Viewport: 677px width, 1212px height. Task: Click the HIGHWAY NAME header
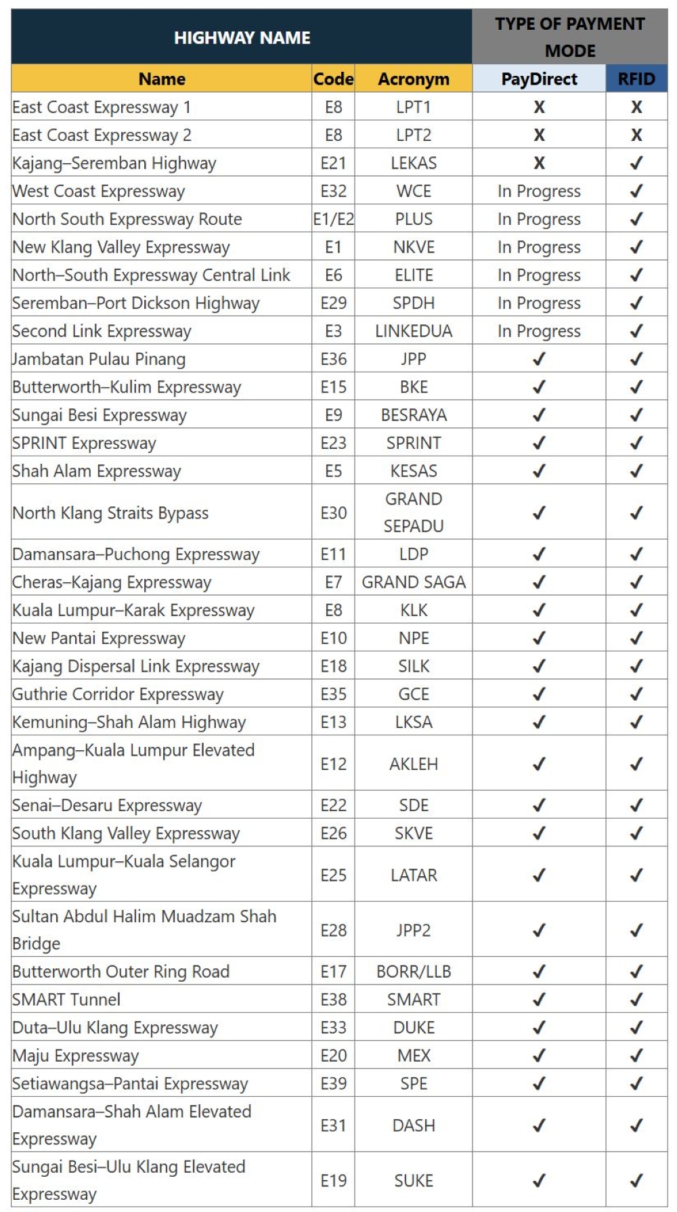tap(242, 37)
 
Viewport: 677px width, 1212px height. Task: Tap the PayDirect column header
tap(539, 79)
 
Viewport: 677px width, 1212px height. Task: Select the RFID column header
tap(636, 79)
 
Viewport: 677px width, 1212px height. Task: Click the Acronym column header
tap(413, 79)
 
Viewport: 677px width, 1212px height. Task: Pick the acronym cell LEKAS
tap(413, 163)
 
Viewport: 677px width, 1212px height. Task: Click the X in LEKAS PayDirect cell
tap(539, 163)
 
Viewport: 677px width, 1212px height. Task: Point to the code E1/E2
tap(333, 219)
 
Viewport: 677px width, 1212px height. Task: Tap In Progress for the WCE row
tap(539, 192)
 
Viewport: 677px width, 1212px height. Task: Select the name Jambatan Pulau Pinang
tap(99, 359)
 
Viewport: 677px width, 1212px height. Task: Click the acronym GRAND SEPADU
tap(413, 513)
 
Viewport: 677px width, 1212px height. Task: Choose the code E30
tap(333, 513)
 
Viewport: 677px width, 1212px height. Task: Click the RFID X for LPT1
tap(636, 107)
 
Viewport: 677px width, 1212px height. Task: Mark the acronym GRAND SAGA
tap(413, 582)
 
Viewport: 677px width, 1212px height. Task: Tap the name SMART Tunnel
tap(66, 999)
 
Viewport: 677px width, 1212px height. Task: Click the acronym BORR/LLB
tap(413, 972)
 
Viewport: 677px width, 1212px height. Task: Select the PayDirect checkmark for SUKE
tap(539, 1181)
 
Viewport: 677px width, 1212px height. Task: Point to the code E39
tap(333, 1083)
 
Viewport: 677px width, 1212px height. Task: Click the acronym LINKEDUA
tap(413, 331)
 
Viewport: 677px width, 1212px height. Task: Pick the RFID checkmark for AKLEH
tap(636, 764)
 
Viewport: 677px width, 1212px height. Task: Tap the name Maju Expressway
tap(76, 1056)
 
